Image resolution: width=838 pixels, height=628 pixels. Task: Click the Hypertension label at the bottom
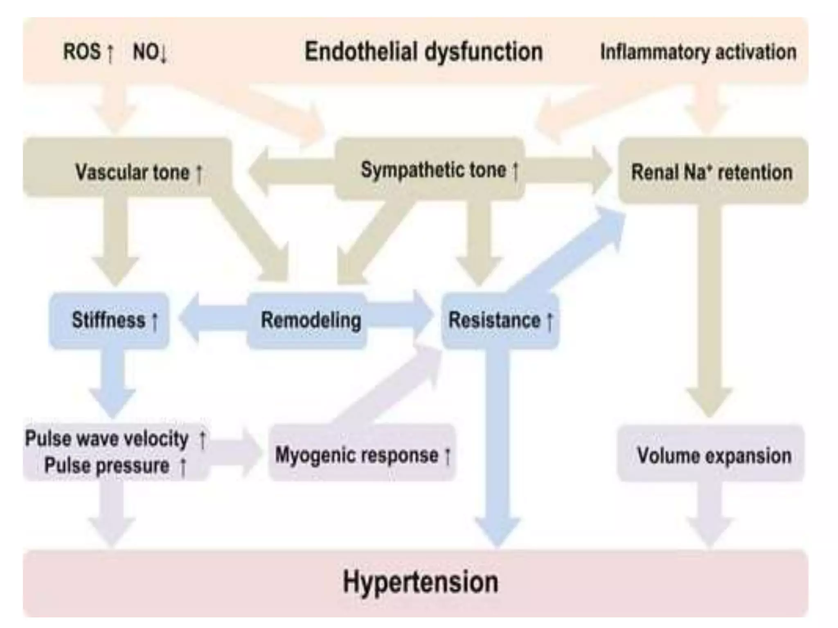tap(420, 582)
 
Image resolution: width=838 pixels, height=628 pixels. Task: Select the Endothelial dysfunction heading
tap(424, 52)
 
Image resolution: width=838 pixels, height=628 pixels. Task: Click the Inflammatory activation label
tap(698, 52)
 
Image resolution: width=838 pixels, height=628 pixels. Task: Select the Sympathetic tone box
tap(430, 169)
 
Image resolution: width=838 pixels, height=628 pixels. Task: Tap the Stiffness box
tap(109, 320)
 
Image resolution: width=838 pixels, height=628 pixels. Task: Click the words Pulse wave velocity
tap(107, 439)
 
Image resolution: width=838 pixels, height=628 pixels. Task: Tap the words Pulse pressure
tap(107, 465)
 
